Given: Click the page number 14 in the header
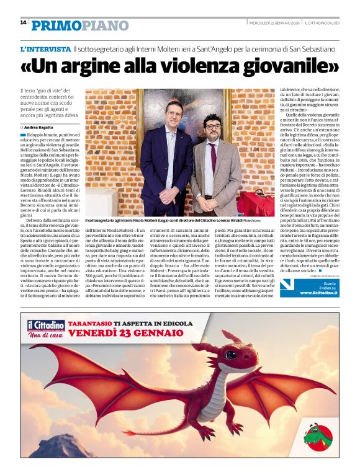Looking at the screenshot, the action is click(x=23, y=22).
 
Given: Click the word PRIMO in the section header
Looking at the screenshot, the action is click(x=55, y=25).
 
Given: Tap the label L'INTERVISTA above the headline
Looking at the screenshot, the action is click(x=45, y=48).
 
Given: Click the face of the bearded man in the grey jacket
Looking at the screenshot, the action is click(x=214, y=128).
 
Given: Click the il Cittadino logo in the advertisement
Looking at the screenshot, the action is click(x=45, y=326).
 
